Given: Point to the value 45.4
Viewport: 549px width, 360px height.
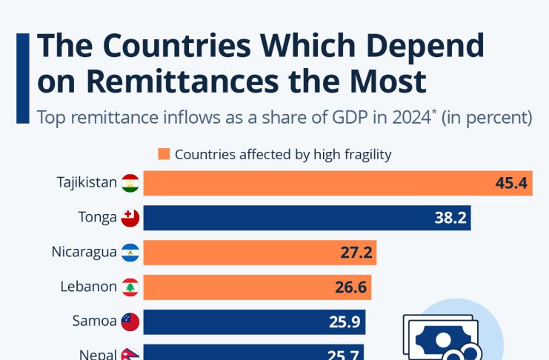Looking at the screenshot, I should [512, 183].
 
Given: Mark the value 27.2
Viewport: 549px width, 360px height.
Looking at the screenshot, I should [356, 253].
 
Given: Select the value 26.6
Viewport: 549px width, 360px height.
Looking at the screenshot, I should [350, 287].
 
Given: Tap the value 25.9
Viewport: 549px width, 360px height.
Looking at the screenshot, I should [345, 322].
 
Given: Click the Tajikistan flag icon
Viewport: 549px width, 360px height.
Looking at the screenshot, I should [130, 182].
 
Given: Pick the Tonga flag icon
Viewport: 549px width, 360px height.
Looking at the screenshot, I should [130, 217].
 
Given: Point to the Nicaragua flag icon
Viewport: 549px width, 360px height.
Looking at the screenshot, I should [130, 252].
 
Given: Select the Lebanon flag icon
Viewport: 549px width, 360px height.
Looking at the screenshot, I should [130, 287].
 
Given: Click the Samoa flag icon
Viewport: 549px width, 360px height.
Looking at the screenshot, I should [130, 321].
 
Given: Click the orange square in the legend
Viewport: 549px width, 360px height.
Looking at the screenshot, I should [164, 155].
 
